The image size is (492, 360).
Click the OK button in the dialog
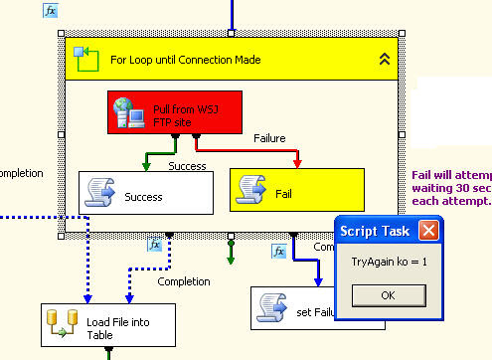point(387,295)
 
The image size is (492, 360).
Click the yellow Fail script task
point(296,190)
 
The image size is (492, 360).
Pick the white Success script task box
point(146,193)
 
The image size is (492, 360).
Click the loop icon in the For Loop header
point(86,59)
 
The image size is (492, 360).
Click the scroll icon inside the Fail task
point(251,190)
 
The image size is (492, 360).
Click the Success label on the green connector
point(187,165)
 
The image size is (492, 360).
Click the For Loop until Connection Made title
point(186,60)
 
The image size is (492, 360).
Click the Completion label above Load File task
point(184,281)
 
